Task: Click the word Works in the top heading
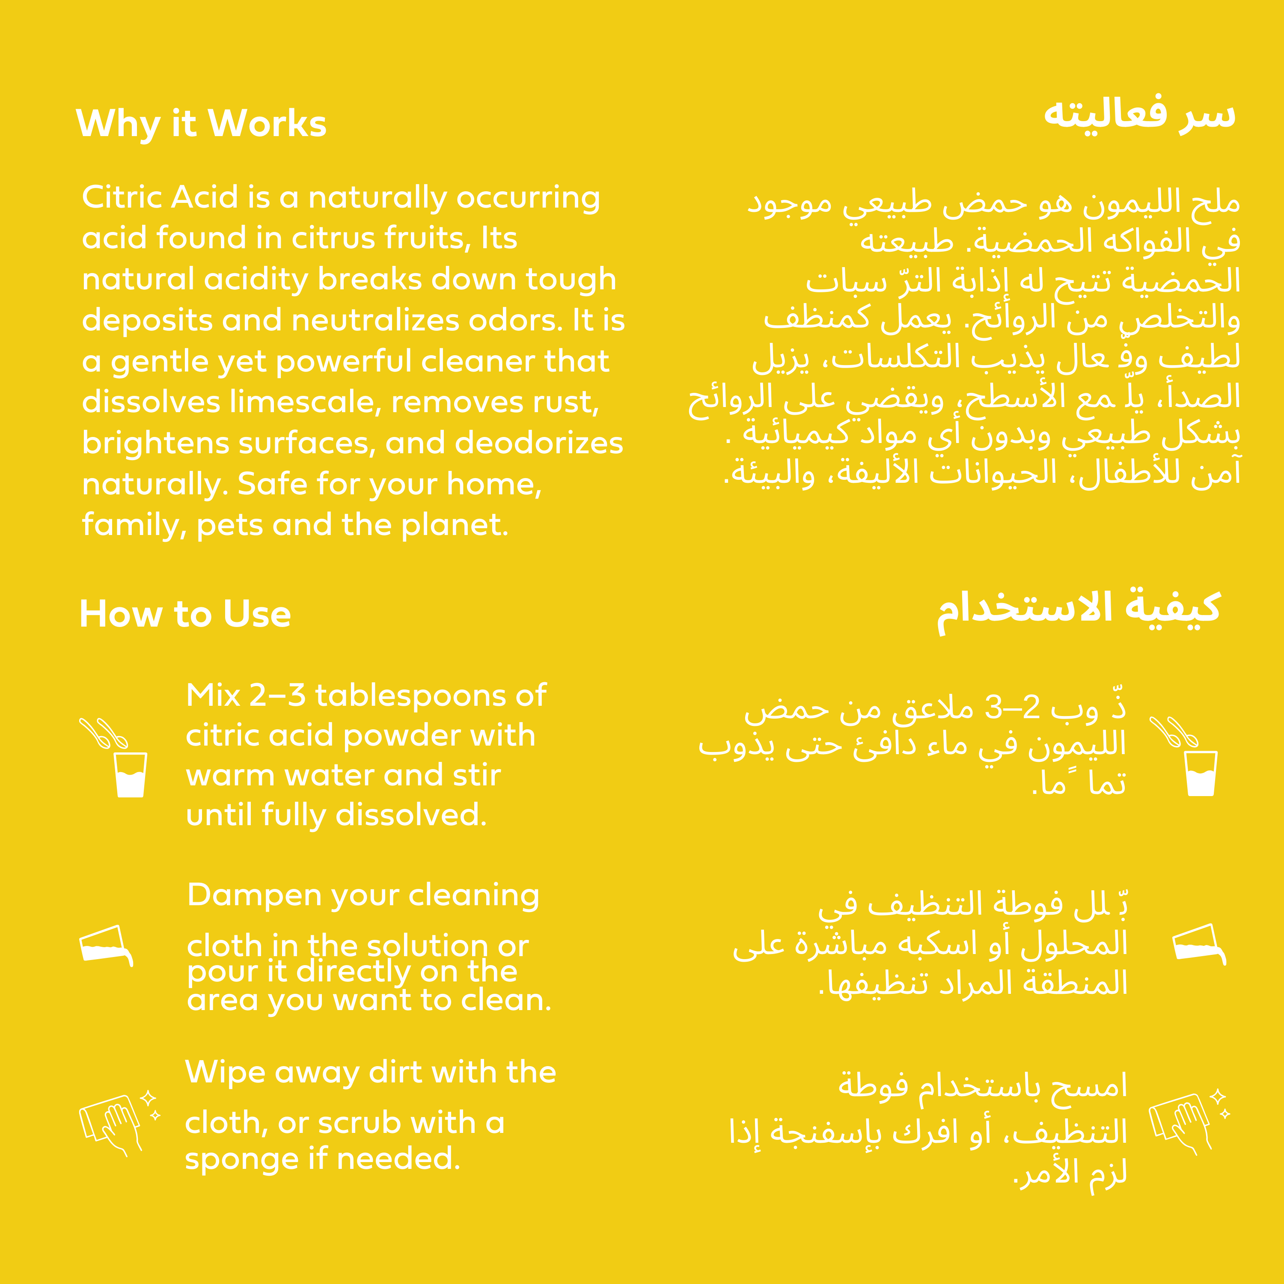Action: pos(267,124)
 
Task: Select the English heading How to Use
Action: pos(185,614)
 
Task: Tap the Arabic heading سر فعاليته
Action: pos(1139,114)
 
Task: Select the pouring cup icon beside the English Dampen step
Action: pos(106,945)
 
